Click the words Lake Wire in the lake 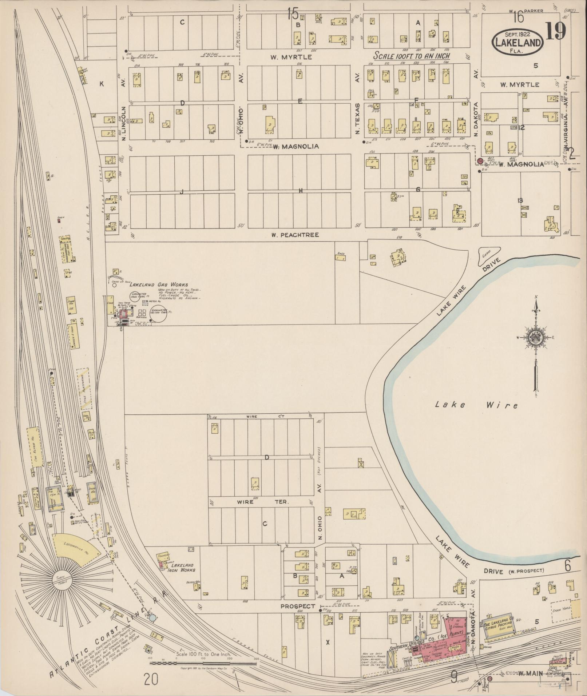[476, 404]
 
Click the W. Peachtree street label [295, 235]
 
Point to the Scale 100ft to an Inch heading [412, 56]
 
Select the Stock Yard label [560, 610]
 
